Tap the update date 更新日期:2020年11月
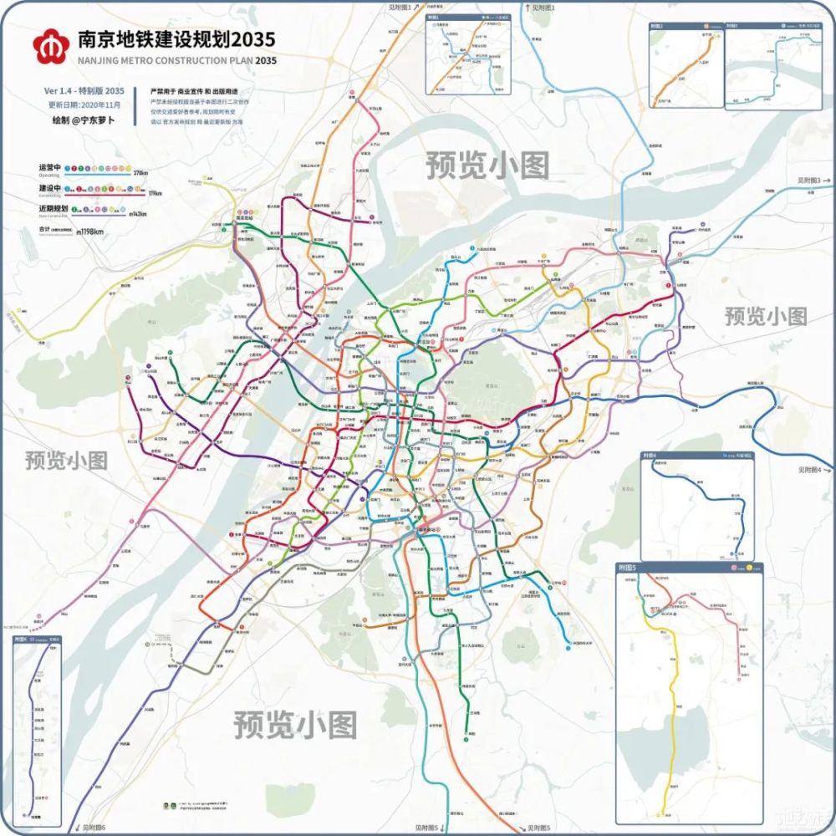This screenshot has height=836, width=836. pos(84,105)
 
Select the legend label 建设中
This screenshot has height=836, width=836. pos(49,190)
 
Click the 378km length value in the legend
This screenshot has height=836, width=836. pos(140,173)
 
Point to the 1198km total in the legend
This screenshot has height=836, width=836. pos(90,232)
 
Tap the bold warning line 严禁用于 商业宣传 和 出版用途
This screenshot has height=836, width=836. pos(193,90)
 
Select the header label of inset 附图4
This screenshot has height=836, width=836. pos(650,456)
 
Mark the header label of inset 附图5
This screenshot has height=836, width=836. pos(626,568)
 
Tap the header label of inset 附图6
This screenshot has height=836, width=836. pos(21,640)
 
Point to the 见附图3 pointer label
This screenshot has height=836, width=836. pos(808,180)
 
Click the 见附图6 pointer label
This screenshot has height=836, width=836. pos(94,828)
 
